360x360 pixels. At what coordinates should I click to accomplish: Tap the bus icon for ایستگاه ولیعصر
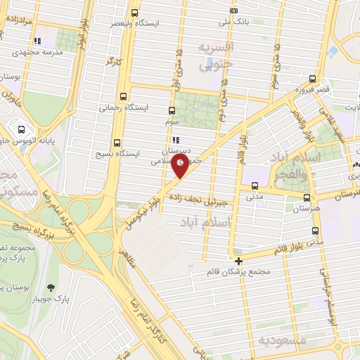pos(135,12)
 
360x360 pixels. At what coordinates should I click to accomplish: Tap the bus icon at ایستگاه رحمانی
pos(124,96)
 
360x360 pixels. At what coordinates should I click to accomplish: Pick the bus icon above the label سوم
pos(173,110)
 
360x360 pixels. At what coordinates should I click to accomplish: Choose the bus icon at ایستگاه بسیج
pos(117,141)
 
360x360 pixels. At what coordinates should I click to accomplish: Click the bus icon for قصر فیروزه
pos(312,79)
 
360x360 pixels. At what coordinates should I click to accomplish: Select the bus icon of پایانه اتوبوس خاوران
pos(22,129)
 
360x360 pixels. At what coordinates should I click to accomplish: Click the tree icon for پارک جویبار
pos(51,287)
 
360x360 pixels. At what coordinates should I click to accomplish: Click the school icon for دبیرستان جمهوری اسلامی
pos(175,139)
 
